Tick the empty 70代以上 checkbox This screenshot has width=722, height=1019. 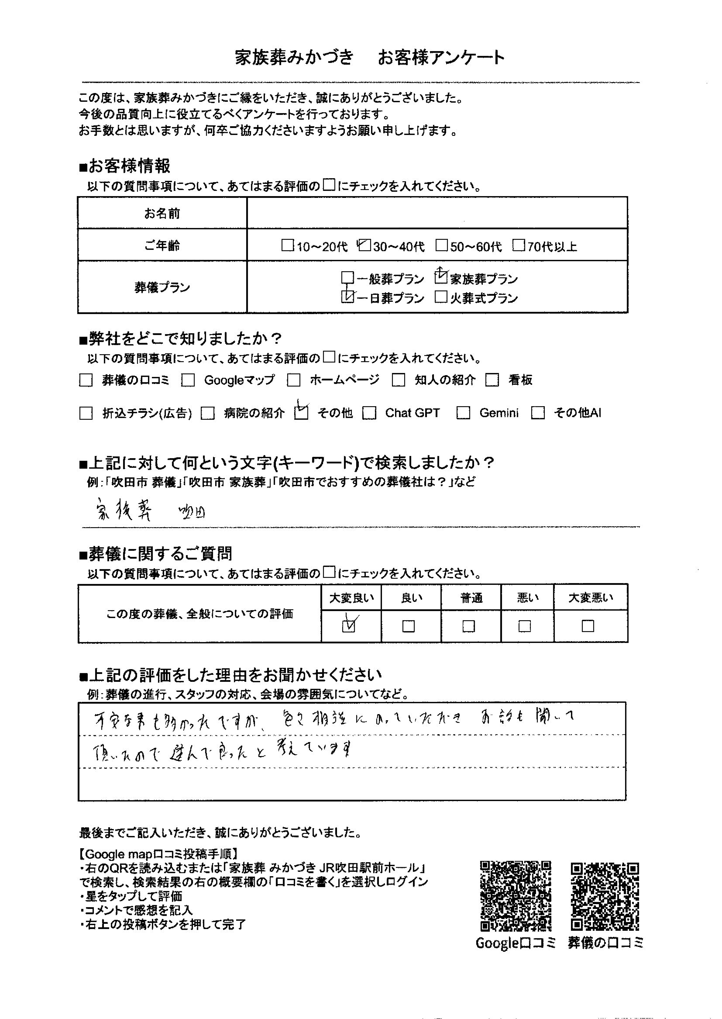point(519,245)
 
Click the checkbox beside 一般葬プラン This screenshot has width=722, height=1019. point(347,278)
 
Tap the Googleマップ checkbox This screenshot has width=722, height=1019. point(188,380)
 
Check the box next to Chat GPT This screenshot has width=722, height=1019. point(369,413)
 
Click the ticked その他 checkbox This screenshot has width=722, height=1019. point(302,413)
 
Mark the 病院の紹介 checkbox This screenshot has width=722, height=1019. point(208,414)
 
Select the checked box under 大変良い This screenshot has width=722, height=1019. point(350,626)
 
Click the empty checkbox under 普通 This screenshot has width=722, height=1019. point(468,626)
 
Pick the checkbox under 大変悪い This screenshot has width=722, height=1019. point(588,626)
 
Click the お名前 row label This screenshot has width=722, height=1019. point(162,214)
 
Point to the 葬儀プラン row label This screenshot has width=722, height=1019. point(162,287)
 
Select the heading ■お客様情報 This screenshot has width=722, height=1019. point(125,166)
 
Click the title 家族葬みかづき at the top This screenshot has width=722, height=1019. point(294,58)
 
